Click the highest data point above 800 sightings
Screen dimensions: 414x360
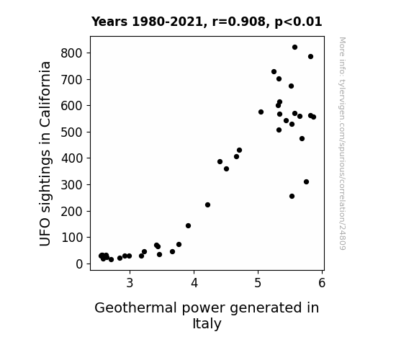[294, 48]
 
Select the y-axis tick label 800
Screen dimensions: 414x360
[71, 53]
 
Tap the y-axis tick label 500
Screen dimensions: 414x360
[71, 132]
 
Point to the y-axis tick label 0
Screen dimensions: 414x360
[79, 264]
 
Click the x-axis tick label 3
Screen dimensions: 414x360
[130, 283]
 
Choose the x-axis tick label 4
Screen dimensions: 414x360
[194, 283]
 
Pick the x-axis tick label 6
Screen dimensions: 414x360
[322, 283]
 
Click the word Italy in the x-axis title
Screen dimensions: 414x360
[207, 323]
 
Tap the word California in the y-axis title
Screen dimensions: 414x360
[45, 94]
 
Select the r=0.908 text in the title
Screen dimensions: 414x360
[239, 22]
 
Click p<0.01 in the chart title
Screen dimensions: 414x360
[298, 22]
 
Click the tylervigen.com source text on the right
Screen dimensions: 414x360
[342, 143]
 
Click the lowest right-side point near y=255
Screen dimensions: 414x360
[292, 197]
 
